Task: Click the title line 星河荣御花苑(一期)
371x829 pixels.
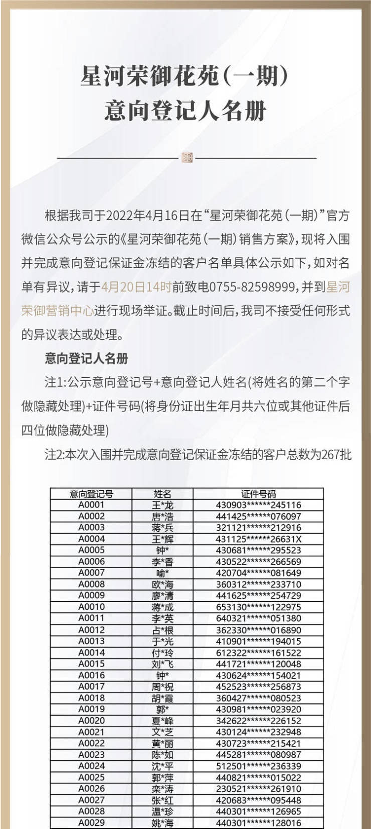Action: click(x=185, y=76)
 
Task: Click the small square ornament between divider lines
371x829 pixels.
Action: click(x=187, y=158)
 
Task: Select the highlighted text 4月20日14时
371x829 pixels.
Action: click(x=136, y=287)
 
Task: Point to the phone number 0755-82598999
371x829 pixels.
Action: click(x=252, y=287)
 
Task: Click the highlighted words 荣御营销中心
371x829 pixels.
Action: click(x=57, y=311)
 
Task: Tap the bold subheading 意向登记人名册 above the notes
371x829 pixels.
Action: click(x=86, y=358)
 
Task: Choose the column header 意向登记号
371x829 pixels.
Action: click(x=91, y=494)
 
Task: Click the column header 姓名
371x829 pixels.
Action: click(x=162, y=494)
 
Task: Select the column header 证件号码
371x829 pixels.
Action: click(x=258, y=494)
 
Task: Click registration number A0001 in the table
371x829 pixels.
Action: click(x=91, y=505)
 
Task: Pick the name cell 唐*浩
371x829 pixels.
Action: click(x=162, y=516)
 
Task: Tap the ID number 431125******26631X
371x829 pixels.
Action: click(x=258, y=539)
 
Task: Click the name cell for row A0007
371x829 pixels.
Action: click(x=162, y=573)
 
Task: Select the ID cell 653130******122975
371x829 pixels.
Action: click(x=258, y=607)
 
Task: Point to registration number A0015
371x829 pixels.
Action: click(x=91, y=664)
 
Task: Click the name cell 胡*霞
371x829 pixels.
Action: click(x=162, y=698)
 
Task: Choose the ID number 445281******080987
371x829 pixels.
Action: click(x=258, y=754)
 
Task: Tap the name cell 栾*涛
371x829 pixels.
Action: click(x=162, y=788)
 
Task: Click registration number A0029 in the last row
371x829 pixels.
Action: click(x=91, y=822)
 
